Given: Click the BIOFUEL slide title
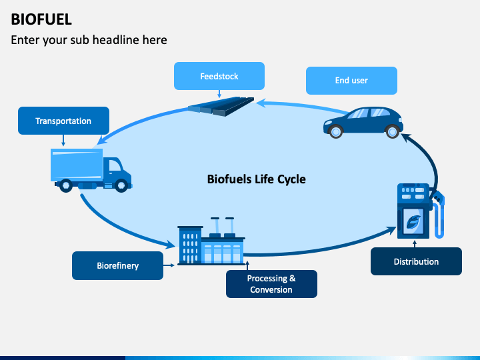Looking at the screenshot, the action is click(41, 19).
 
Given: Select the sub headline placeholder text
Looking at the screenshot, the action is click(89, 40).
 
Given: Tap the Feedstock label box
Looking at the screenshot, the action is click(219, 76).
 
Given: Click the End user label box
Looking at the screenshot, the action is click(351, 81).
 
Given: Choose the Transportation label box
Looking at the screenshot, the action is click(63, 121).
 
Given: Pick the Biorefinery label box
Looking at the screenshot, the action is click(117, 265).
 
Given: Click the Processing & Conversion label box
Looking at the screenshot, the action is click(271, 284).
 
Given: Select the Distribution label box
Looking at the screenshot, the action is click(416, 261).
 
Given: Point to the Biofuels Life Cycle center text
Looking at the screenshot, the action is click(256, 179).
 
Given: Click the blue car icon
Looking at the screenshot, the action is click(363, 123).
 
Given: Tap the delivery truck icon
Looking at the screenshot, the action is click(91, 170).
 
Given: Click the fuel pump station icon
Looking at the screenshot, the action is click(420, 211).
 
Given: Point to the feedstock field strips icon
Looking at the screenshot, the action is click(221, 106).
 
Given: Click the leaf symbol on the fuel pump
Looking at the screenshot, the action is click(413, 221).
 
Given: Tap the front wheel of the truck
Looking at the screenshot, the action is click(121, 185).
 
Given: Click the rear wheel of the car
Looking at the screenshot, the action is click(392, 131).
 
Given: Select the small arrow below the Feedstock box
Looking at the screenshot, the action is click(219, 94).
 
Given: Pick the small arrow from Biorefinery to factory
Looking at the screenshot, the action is click(169, 265).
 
